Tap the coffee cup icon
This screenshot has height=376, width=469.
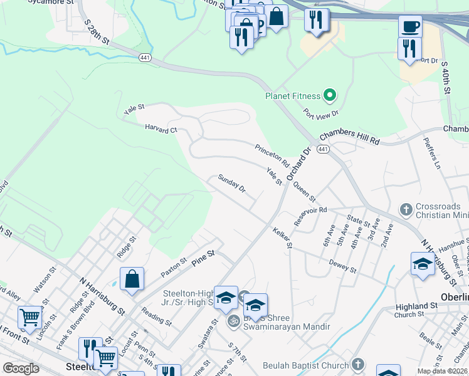point(410,27)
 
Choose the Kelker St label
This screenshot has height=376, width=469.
point(283,238)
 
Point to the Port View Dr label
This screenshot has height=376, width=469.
point(320,113)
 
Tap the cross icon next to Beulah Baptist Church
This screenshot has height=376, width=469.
point(357,365)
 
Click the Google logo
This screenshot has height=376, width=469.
point(21,368)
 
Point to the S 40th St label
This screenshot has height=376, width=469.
point(446,78)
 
